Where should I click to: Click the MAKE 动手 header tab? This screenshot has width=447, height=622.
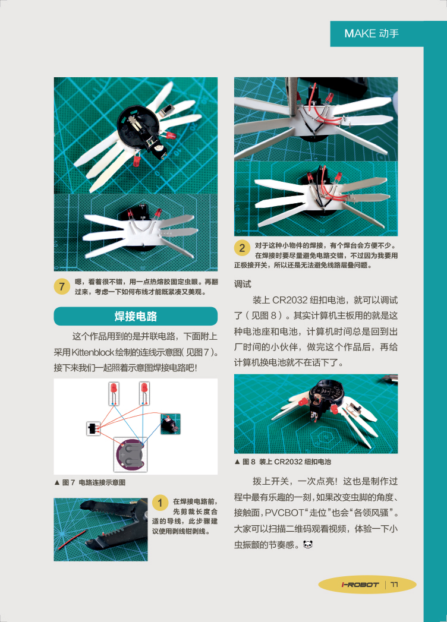[x=377, y=34]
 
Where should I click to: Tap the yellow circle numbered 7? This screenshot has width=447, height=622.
[x=62, y=286]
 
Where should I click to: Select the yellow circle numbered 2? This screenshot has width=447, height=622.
[x=242, y=248]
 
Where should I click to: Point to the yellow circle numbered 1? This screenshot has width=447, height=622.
[x=160, y=503]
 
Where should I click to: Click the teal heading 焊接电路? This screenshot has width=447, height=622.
[x=136, y=316]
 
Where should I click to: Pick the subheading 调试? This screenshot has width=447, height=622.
[x=243, y=284]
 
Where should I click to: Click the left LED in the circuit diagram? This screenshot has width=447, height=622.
[x=114, y=393]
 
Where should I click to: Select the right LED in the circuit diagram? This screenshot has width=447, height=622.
[x=144, y=393]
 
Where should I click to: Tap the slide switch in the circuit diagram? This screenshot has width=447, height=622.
[x=92, y=429]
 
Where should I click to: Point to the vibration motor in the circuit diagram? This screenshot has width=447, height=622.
[x=171, y=424]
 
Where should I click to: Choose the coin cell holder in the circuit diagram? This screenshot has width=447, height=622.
[x=130, y=454]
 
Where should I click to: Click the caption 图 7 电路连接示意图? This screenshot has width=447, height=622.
[x=90, y=482]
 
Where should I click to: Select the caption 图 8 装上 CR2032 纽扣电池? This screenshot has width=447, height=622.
[x=283, y=462]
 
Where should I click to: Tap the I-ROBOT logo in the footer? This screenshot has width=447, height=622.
[x=360, y=585]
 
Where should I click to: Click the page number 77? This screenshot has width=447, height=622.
[x=394, y=585]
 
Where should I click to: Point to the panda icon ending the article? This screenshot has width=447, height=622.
[x=308, y=545]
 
